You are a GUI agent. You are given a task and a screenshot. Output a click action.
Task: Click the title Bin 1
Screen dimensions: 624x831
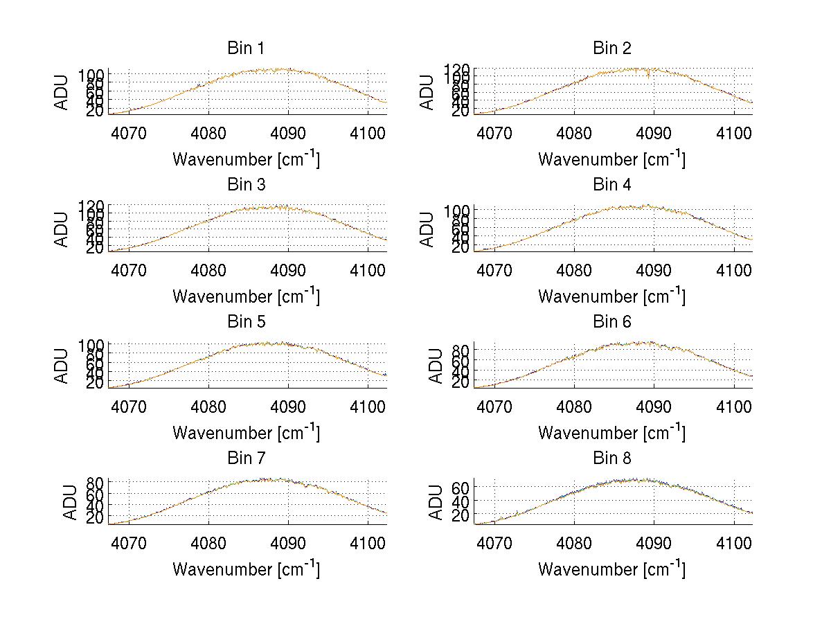[246, 48]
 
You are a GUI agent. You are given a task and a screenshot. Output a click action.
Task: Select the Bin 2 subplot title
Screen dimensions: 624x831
[612, 48]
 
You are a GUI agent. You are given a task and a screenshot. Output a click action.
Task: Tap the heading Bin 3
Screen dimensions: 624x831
[246, 185]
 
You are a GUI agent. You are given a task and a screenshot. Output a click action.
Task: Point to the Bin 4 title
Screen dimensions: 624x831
[612, 185]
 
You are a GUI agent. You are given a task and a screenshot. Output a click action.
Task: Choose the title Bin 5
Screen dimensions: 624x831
[246, 322]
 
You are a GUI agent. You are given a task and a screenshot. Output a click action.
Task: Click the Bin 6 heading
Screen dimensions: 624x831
[612, 322]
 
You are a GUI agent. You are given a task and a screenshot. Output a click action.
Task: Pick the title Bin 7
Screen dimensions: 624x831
[246, 458]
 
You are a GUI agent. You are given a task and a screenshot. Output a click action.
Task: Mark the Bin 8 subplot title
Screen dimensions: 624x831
[612, 458]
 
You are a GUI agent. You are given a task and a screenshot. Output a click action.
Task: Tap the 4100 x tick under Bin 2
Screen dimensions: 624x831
[734, 133]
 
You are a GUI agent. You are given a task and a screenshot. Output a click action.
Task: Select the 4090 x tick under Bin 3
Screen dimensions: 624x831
[288, 269]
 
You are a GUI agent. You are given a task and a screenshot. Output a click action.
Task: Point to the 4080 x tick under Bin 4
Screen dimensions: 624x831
[574, 269]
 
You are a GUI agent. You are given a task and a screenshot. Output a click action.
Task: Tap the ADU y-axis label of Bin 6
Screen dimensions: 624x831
[437, 365]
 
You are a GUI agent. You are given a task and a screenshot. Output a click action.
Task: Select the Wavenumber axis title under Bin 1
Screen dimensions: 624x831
[246, 159]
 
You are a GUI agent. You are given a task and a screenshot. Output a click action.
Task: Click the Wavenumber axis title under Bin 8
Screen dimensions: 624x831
[612, 569]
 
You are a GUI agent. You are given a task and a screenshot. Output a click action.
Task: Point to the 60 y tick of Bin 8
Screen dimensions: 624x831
[461, 488]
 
